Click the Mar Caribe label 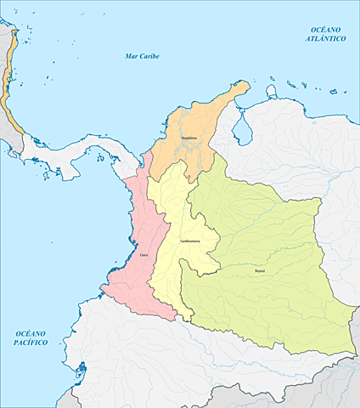(x=142, y=56)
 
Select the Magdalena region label (x=189, y=136)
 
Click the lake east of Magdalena (x=247, y=127)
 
